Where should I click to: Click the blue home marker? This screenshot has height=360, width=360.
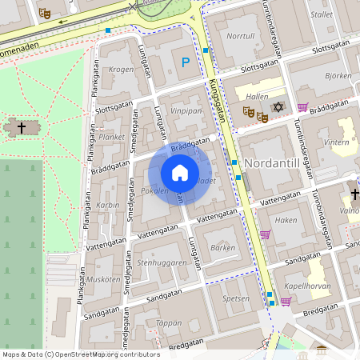pyautogui.click(x=179, y=173)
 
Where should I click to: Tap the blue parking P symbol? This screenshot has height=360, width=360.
pyautogui.click(x=186, y=62)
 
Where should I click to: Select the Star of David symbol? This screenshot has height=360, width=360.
pyautogui.click(x=278, y=107)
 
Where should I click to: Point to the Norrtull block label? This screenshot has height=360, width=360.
pyautogui.click(x=240, y=36)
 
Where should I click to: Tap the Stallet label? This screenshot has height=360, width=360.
pyautogui.click(x=322, y=14)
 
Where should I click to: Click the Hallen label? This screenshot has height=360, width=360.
pyautogui.click(x=258, y=96)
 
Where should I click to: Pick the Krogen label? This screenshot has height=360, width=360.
pyautogui.click(x=122, y=70)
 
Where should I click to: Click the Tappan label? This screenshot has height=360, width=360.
pyautogui.click(x=170, y=323)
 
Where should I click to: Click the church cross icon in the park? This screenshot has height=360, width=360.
pyautogui.click(x=22, y=126)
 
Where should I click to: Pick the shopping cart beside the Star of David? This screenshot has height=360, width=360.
pyautogui.click(x=302, y=107)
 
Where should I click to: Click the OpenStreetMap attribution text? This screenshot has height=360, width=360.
pyautogui.click(x=81, y=354)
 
